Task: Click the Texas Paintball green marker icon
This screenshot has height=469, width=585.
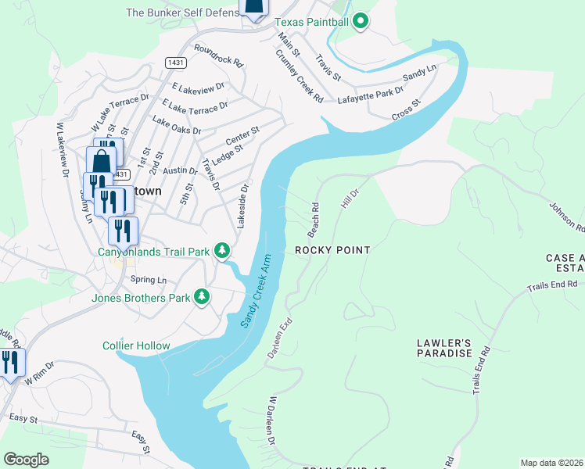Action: [x=360, y=22]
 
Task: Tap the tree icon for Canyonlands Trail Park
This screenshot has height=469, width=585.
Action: [x=223, y=251]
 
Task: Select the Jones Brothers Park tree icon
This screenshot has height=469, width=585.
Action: [x=202, y=296]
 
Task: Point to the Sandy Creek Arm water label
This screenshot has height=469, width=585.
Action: [x=256, y=291]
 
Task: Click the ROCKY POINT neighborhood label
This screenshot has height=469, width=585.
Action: [x=332, y=250]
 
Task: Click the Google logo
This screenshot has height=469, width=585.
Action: [x=27, y=460]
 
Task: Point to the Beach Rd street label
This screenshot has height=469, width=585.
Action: [x=313, y=220]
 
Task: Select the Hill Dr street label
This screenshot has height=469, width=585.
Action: [x=348, y=197]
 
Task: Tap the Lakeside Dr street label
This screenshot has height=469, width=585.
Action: [x=243, y=206]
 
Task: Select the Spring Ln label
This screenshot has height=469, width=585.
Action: [x=149, y=280]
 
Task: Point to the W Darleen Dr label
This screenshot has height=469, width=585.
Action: [x=272, y=420]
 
